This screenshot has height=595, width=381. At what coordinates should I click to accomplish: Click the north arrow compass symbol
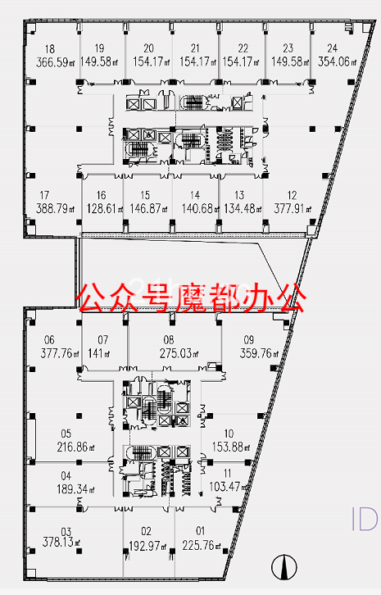[284, 567]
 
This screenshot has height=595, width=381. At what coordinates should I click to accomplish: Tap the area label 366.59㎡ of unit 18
[55, 62]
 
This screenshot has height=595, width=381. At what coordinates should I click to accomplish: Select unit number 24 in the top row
[333, 48]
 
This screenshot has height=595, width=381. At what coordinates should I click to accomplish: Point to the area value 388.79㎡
[55, 208]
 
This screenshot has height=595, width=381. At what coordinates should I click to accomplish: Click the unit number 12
[292, 195]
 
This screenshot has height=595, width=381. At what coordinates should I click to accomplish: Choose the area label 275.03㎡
[179, 354]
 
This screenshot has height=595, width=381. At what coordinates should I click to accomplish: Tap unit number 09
[249, 339]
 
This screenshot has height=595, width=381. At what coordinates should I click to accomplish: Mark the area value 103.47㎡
[229, 487]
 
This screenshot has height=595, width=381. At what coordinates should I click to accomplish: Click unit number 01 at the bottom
[201, 530]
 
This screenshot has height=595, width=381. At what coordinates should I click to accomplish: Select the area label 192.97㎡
[148, 546]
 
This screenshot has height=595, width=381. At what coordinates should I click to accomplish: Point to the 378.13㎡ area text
[61, 542]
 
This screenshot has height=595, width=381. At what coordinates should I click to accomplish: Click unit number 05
[66, 434]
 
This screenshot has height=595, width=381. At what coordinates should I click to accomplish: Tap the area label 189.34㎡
[75, 489]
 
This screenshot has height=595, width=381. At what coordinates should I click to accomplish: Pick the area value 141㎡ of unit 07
[98, 354]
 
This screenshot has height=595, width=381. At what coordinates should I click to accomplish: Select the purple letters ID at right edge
[365, 519]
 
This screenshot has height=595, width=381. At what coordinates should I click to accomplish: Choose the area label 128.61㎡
[105, 208]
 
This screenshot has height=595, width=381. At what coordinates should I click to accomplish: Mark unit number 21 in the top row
[195, 48]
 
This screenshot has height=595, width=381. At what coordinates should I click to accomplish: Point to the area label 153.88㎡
[231, 447]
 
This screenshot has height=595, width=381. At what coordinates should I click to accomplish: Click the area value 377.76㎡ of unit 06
[60, 354]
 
